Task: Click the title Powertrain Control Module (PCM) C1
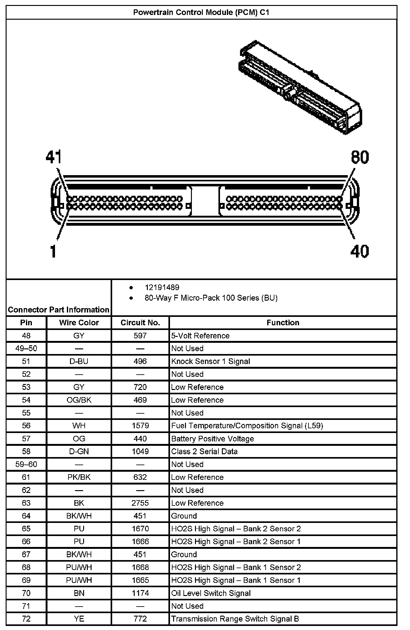(x=201, y=12)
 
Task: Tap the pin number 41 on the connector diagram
(x=54, y=157)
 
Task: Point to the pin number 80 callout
(x=360, y=157)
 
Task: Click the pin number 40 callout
(x=359, y=251)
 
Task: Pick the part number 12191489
(x=162, y=288)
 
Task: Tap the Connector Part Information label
(x=59, y=310)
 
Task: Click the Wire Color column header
(x=79, y=322)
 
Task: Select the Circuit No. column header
(x=140, y=322)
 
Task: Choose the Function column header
(x=283, y=322)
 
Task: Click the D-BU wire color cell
(x=79, y=361)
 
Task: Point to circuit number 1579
(x=140, y=426)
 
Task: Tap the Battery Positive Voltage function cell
(x=212, y=439)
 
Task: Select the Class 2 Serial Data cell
(x=204, y=451)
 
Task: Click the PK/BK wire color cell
(x=79, y=477)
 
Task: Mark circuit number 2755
(x=140, y=503)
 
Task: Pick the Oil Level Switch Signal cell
(x=211, y=593)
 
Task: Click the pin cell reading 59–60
(x=26, y=464)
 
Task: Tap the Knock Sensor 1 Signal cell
(x=211, y=361)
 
